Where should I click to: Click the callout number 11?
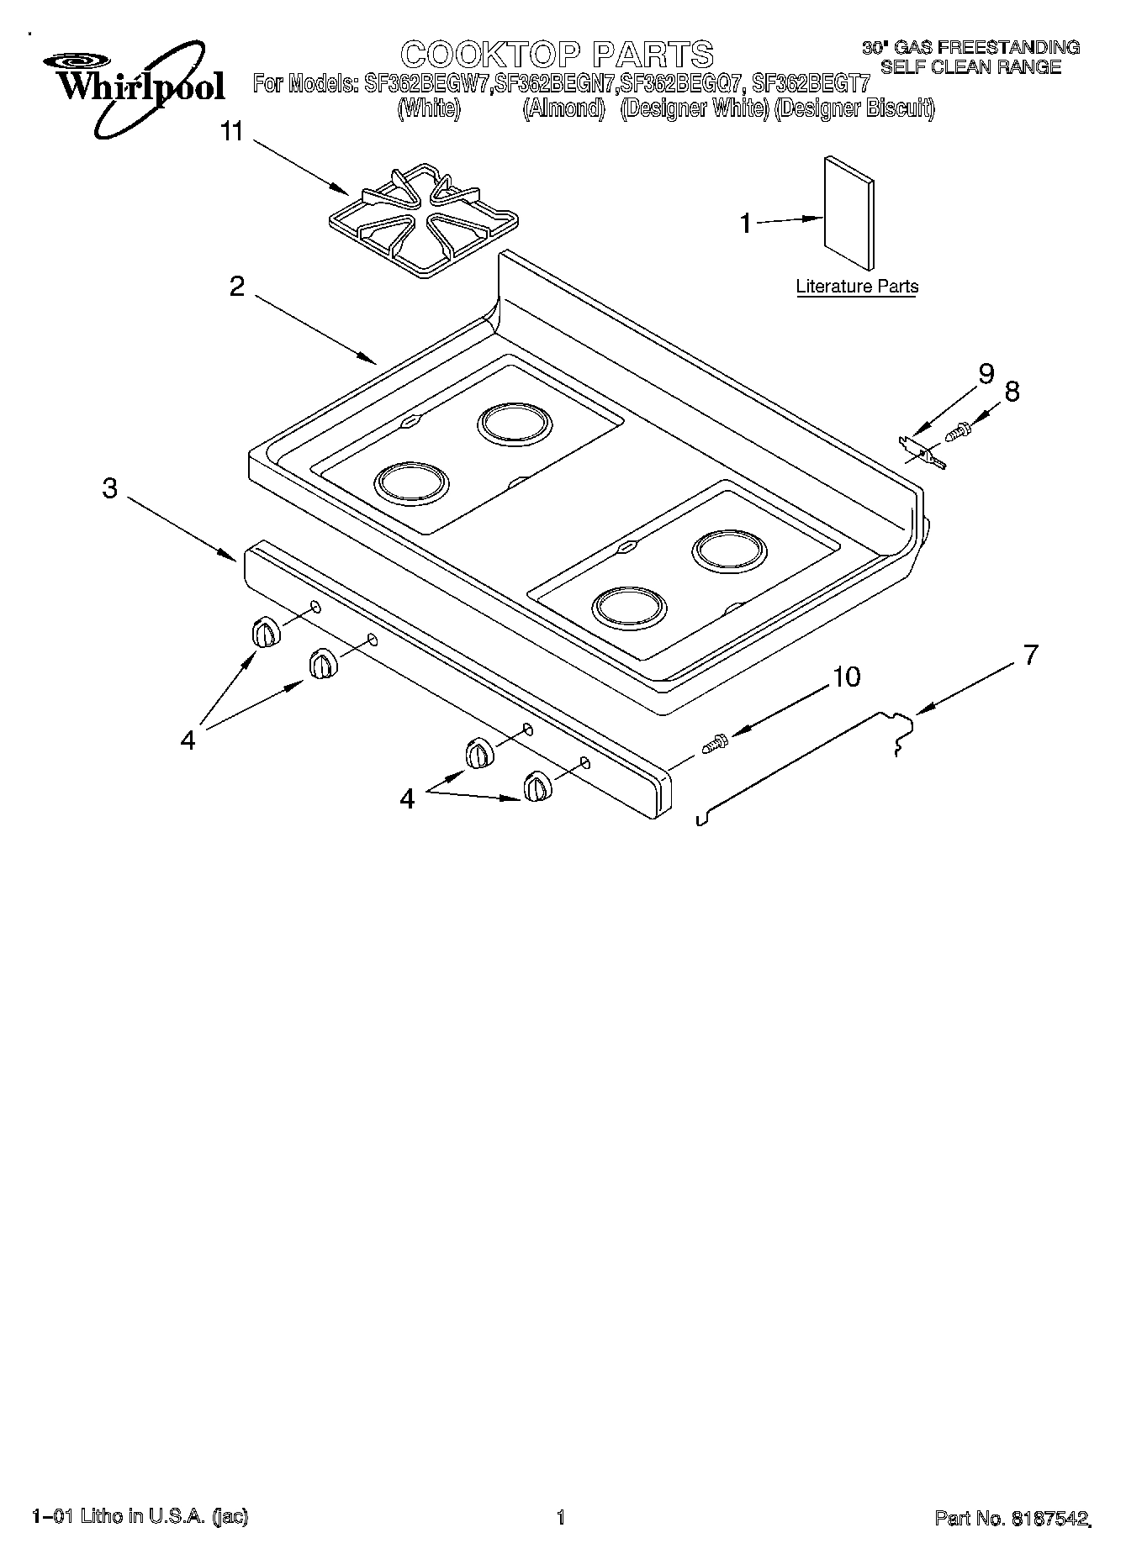click(231, 132)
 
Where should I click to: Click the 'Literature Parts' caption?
click(856, 287)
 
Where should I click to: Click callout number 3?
click(110, 488)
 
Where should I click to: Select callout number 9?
click(986, 374)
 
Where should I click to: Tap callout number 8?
click(1012, 391)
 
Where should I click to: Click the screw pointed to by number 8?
click(957, 432)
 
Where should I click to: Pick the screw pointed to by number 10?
click(716, 743)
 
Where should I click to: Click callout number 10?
click(846, 677)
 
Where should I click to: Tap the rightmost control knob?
click(536, 788)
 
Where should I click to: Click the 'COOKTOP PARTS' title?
click(557, 54)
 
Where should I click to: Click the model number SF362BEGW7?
click(428, 84)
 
